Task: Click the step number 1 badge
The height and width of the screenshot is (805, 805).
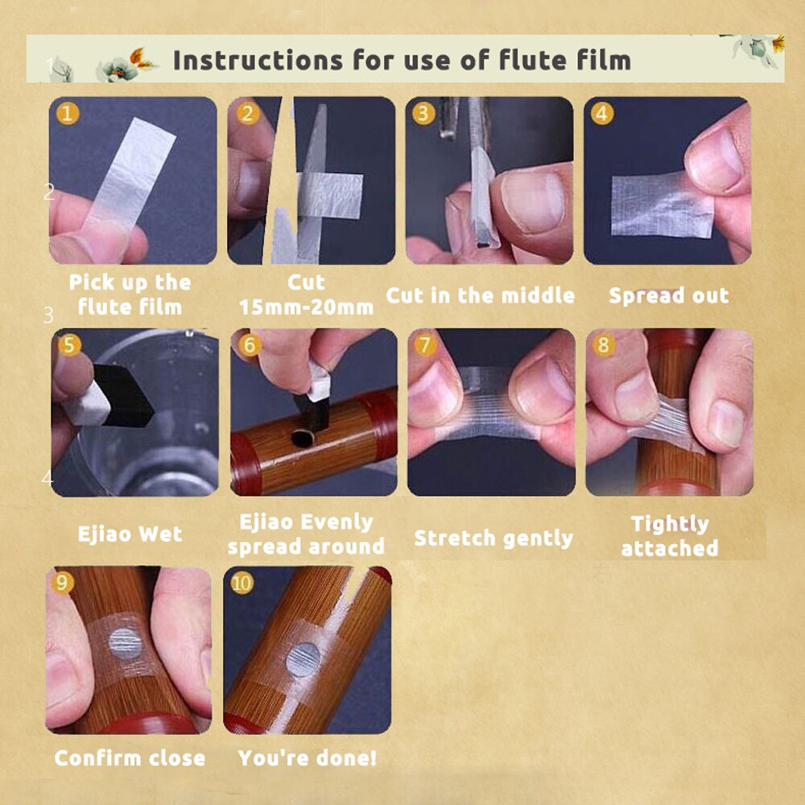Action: point(68,114)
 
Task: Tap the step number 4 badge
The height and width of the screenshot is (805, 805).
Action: point(601,114)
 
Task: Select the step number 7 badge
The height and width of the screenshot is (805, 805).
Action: point(425,345)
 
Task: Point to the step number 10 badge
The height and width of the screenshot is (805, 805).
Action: point(242,583)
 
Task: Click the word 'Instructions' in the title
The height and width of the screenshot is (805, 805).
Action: point(258,60)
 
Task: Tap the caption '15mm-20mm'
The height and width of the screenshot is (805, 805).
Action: point(307,307)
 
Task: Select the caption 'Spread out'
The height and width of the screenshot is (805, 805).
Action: point(668,295)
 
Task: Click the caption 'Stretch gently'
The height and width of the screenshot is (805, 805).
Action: point(493,539)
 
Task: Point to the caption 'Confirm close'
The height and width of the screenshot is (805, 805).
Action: point(130,758)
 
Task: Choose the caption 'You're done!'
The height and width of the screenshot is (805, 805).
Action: point(307,758)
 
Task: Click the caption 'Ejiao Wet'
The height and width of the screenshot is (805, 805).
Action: point(130,534)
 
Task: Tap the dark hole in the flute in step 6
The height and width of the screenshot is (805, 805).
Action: point(303,438)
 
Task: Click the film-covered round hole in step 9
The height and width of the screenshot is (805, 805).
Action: point(126,643)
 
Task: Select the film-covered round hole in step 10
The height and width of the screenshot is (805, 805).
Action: point(303,660)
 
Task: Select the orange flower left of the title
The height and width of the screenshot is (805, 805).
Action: point(139,58)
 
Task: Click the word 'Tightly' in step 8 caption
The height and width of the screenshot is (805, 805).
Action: point(670,524)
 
